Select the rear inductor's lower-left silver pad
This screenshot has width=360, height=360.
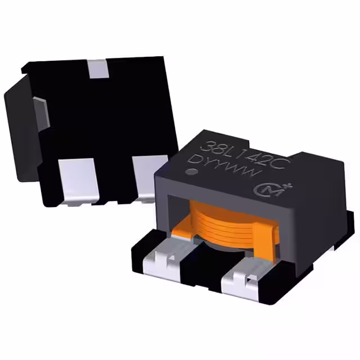click(x=77, y=177)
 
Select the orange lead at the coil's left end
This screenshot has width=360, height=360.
click(x=183, y=227)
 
